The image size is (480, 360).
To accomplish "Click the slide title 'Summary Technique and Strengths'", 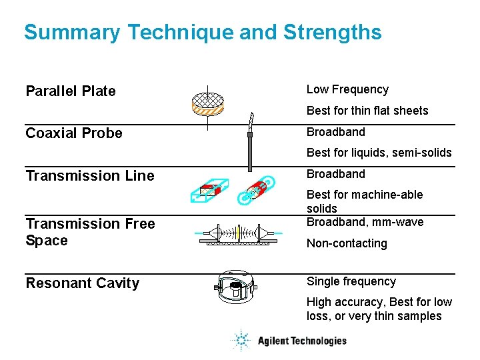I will pyautogui.click(x=203, y=32).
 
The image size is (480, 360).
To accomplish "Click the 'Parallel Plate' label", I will pyautogui.click(x=71, y=91).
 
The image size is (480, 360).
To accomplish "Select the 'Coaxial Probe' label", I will pyautogui.click(x=74, y=133).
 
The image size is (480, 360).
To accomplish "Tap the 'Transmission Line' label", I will pyautogui.click(x=90, y=176).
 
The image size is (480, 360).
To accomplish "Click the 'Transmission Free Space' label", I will pyautogui.click(x=90, y=232).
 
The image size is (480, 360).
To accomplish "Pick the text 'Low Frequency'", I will pyautogui.click(x=347, y=89).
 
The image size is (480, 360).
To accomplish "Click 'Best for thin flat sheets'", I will pyautogui.click(x=367, y=111).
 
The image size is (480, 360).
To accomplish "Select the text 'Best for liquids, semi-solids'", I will pyautogui.click(x=379, y=153).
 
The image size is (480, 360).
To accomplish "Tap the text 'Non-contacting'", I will pyautogui.click(x=347, y=243).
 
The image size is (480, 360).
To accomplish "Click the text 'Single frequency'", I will pyautogui.click(x=351, y=281).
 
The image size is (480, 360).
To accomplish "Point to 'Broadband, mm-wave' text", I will pyautogui.click(x=365, y=222).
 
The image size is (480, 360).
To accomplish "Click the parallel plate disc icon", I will pyautogui.click(x=207, y=102).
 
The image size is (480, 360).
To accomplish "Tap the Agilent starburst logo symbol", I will pyautogui.click(x=240, y=341).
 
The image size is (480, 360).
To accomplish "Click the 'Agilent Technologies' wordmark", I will pyautogui.click(x=302, y=341).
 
